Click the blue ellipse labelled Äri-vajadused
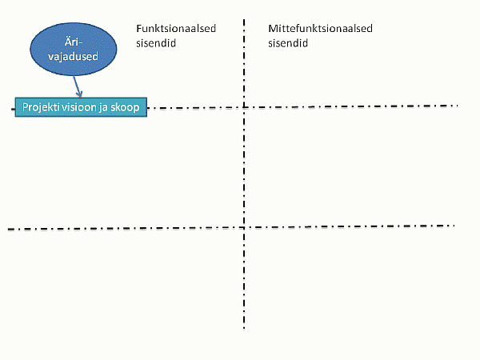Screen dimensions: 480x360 (x=74, y=49)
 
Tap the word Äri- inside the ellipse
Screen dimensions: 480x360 (x=74, y=42)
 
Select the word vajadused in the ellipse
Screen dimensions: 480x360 (x=73, y=57)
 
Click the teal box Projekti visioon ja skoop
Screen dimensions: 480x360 (x=81, y=107)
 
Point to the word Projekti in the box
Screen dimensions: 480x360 (x=42, y=107)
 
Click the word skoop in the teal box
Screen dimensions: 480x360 (x=125, y=108)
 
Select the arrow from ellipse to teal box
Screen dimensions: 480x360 (x=77, y=86)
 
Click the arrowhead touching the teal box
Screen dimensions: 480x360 (x=79, y=95)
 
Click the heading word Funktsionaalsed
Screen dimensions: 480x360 (x=176, y=29)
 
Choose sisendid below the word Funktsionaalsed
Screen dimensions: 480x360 (x=156, y=43)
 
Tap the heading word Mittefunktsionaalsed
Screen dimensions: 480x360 (x=320, y=29)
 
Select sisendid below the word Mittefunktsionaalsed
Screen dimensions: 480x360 (x=288, y=43)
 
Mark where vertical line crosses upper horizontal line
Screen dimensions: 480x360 (x=244, y=107)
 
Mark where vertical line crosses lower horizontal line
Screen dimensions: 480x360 (x=244, y=227)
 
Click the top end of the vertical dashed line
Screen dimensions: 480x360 (x=244, y=19)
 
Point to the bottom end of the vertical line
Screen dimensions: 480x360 (x=244, y=329)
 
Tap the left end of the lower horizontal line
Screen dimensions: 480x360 (x=8, y=229)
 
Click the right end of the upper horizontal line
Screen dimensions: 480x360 (x=458, y=106)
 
